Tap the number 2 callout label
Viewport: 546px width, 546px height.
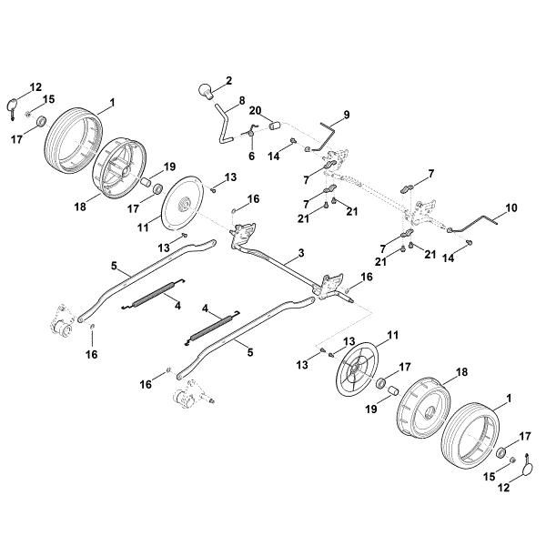point(228,80)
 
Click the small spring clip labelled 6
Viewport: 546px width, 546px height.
point(248,136)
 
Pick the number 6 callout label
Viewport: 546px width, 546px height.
point(252,155)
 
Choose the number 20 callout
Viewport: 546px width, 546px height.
point(256,110)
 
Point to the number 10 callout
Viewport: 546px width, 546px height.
point(511,207)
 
